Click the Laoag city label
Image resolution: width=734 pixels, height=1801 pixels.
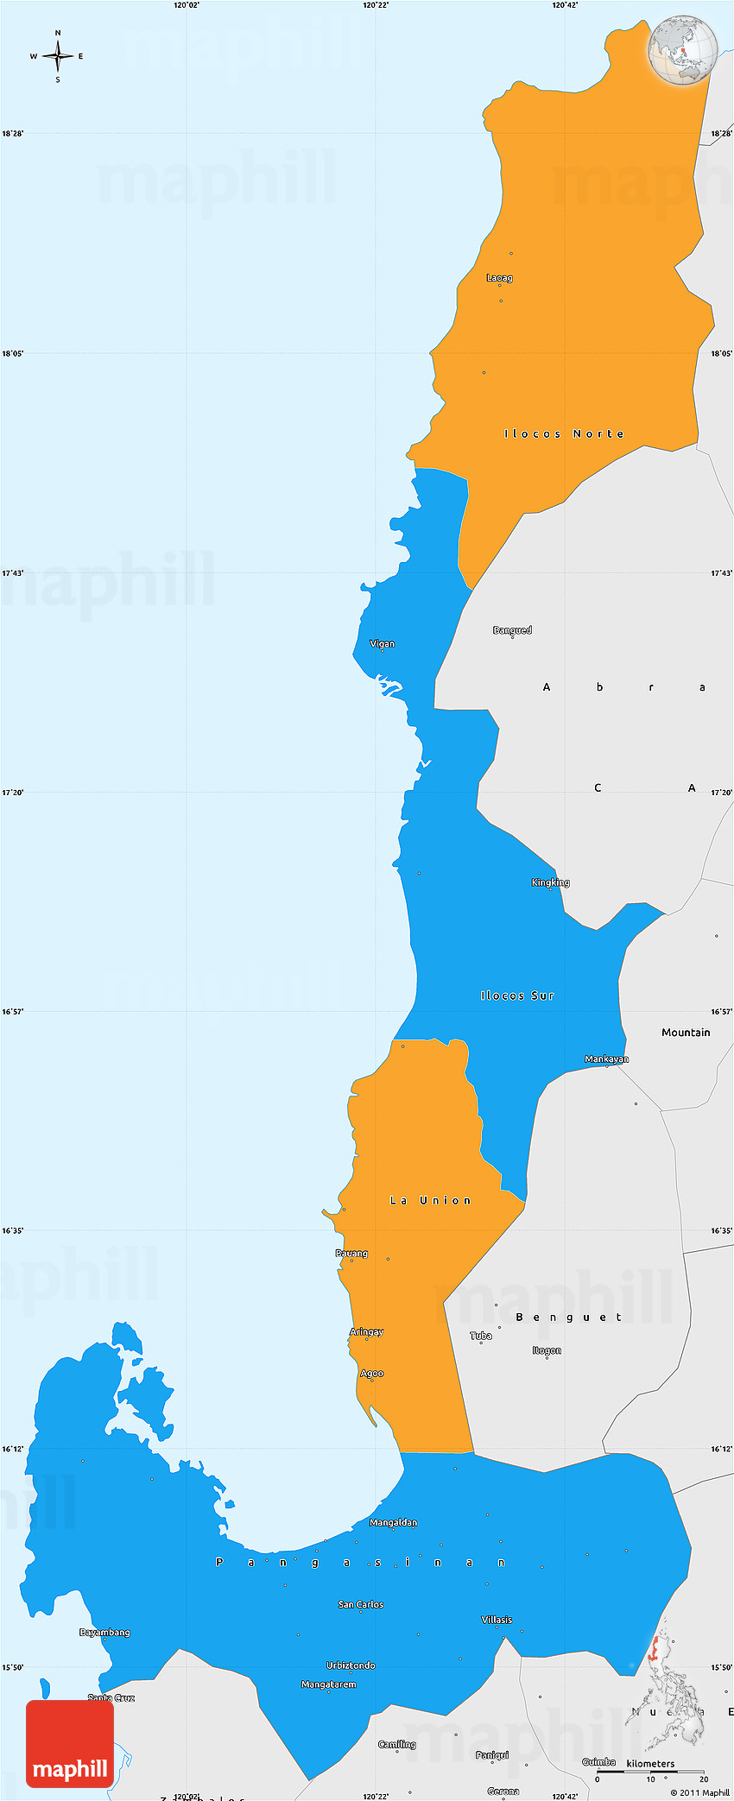pyautogui.click(x=499, y=278)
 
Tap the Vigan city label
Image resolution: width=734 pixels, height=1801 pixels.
pyautogui.click(x=383, y=643)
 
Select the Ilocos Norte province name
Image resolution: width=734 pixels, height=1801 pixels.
pyautogui.click(x=564, y=433)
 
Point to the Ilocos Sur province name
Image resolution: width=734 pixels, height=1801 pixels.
pyautogui.click(x=517, y=995)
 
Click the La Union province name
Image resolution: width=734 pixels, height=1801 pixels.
pyautogui.click(x=431, y=1200)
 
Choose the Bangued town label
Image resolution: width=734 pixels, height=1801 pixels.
pyautogui.click(x=512, y=630)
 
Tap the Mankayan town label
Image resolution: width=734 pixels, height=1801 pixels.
pyautogui.click(x=606, y=1058)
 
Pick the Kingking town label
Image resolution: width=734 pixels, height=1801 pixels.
pyautogui.click(x=550, y=882)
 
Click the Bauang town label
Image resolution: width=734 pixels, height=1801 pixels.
pyautogui.click(x=351, y=1253)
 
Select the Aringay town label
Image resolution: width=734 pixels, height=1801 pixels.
pyautogui.click(x=366, y=1331)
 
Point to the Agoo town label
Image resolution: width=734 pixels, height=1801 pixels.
pyautogui.click(x=371, y=1373)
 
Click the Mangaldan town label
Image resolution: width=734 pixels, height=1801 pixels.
pyautogui.click(x=393, y=1522)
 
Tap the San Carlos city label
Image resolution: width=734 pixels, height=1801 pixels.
pyautogui.click(x=361, y=1604)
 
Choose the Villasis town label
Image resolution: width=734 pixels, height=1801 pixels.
pyautogui.click(x=497, y=1620)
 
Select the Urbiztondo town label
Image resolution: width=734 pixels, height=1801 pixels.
pyautogui.click(x=351, y=1665)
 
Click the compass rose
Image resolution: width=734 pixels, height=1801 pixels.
pyautogui.click(x=58, y=56)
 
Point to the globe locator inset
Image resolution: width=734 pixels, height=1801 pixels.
pyautogui.click(x=683, y=49)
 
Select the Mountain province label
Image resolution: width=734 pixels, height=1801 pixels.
pyautogui.click(x=686, y=1032)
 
